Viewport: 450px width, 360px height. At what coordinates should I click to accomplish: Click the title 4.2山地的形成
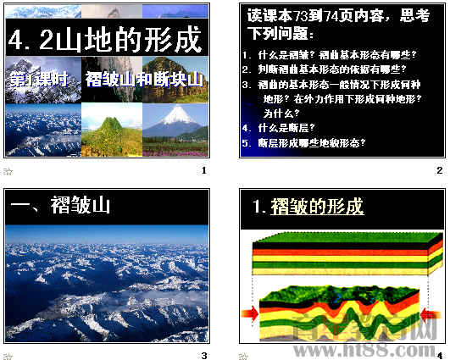point(106,39)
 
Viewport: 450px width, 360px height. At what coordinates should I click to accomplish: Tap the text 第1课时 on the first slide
point(40,80)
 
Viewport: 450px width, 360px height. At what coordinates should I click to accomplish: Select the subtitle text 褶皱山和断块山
point(145,80)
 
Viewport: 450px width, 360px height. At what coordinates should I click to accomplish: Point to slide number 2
point(439,171)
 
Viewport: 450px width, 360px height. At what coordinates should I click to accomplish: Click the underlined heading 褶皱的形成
point(316,207)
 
